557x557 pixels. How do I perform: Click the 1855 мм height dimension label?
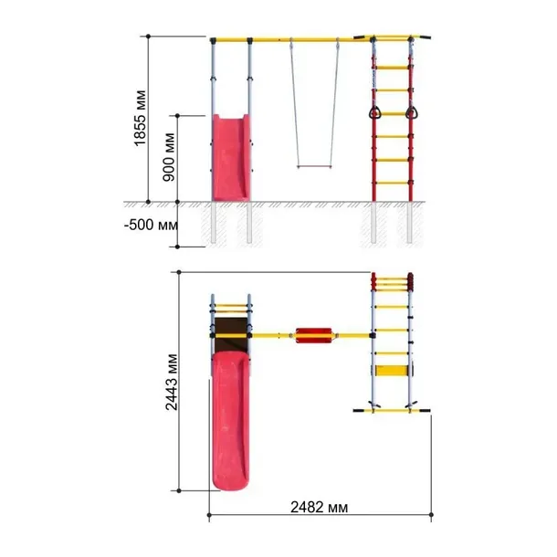pos(140,119)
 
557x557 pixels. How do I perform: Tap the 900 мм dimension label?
pos(169,157)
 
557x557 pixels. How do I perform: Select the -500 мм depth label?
pos(151,225)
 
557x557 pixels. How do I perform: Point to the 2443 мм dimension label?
pos(172,383)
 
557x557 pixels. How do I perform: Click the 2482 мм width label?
pos(319,508)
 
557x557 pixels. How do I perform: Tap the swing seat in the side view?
pos(314,166)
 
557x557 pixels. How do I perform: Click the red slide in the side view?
pos(231,158)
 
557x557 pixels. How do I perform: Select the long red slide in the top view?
pos(230,421)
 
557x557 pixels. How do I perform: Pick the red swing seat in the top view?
pos(314,335)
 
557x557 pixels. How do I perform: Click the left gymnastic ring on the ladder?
pos(374,113)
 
